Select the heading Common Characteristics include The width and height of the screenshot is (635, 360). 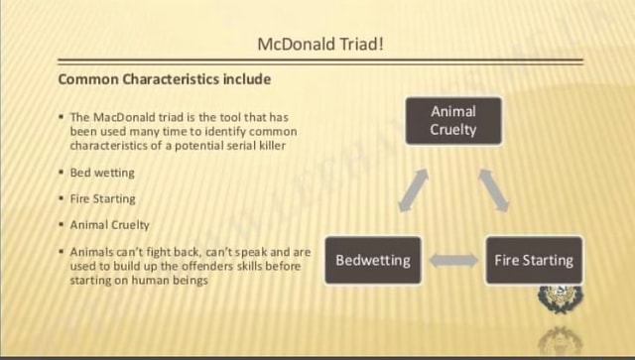pos(165,78)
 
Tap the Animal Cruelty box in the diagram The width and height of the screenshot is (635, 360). pos(453,120)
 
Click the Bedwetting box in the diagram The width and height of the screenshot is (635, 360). pos(372,260)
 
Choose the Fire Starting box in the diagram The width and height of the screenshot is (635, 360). pos(533,260)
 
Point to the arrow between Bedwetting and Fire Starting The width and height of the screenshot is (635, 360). pos(453,261)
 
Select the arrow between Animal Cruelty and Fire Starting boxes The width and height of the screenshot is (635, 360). pos(493,189)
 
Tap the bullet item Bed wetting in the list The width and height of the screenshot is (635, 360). pos(102,173)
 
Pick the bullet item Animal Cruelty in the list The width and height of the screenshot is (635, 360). pos(109,225)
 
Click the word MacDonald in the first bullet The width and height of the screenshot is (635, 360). pos(116,117)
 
